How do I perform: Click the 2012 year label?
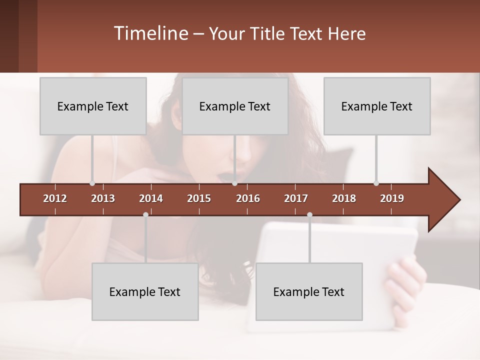55,198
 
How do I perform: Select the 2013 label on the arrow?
103,198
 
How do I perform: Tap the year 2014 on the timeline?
151,198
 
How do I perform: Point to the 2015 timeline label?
199,198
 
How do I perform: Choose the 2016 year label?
248,198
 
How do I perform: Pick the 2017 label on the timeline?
296,198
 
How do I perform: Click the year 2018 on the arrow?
344,198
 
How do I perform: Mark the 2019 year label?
392,198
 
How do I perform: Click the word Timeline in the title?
149,33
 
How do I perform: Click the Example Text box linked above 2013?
93,106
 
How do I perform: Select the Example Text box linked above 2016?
235,106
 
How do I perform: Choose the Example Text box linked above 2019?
377,106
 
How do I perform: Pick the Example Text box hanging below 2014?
145,291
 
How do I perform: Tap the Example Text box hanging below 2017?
309,291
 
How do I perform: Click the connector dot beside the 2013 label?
92,183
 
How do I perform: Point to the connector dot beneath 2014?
145,215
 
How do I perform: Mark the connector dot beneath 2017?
309,215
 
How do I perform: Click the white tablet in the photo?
340,260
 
